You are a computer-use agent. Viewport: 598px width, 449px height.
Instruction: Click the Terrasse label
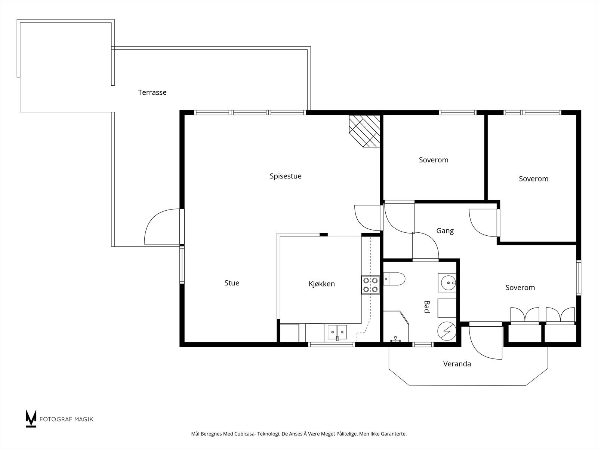pyautogui.click(x=152, y=92)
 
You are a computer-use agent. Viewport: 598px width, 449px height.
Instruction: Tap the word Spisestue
pyautogui.click(x=286, y=176)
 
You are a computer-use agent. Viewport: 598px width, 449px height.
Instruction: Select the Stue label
pyautogui.click(x=232, y=283)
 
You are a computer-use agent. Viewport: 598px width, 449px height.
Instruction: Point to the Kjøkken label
pyautogui.click(x=321, y=284)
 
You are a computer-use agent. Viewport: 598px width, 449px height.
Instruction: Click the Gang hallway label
pyautogui.click(x=445, y=231)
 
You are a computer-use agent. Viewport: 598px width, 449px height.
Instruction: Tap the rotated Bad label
pyautogui.click(x=427, y=307)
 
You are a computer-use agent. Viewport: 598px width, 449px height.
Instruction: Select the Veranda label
pyautogui.click(x=457, y=364)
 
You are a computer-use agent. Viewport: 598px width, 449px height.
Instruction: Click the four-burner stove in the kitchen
pyautogui.click(x=370, y=285)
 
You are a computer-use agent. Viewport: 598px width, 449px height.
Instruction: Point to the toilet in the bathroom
pyautogui.click(x=394, y=279)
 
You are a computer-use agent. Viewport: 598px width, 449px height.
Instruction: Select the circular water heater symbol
pyautogui.click(x=447, y=331)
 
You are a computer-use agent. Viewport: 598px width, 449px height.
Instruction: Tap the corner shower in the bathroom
pyautogui.click(x=396, y=326)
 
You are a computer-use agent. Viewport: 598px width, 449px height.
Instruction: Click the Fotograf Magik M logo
pyautogui.click(x=31, y=418)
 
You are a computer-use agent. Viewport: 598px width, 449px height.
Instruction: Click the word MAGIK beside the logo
pyautogui.click(x=84, y=419)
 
